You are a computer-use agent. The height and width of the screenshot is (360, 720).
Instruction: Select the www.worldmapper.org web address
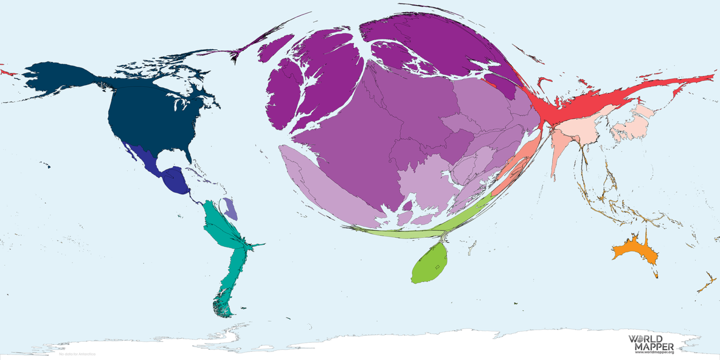tap(653, 352)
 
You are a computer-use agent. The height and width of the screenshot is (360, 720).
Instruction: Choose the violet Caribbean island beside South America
tap(230, 209)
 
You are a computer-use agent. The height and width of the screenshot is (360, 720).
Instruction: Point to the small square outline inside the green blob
tap(437, 267)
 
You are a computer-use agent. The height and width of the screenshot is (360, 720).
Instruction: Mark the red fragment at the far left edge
tap(7, 72)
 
